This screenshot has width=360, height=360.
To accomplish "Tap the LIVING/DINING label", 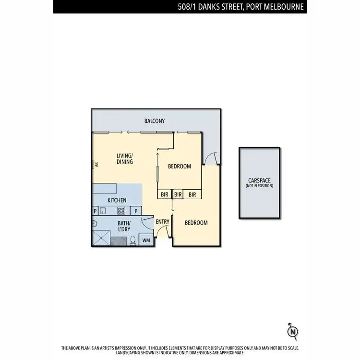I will pyautogui.click(x=125, y=158).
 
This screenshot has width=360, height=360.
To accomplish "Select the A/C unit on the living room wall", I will pyautogui.click(x=95, y=164).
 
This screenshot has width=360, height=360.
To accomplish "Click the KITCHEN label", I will pyautogui.click(x=117, y=200).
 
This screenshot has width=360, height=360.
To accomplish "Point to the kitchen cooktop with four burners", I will pyautogui.click(x=121, y=211).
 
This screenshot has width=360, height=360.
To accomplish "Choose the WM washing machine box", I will pyautogui.click(x=146, y=240).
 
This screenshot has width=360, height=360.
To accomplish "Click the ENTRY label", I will pyautogui.click(x=162, y=222).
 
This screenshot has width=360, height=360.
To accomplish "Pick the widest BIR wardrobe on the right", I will pyautogui.click(x=192, y=194).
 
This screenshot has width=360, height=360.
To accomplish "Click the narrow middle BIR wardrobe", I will pyautogui.click(x=178, y=194).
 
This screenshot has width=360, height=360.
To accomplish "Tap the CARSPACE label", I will pyautogui.click(x=259, y=180).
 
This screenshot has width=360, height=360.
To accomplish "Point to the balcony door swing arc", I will pyautogui.click(x=210, y=156).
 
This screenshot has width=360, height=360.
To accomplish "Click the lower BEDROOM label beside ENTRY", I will pyautogui.click(x=196, y=223).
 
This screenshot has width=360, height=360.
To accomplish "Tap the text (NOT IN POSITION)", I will pyautogui.click(x=259, y=186).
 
